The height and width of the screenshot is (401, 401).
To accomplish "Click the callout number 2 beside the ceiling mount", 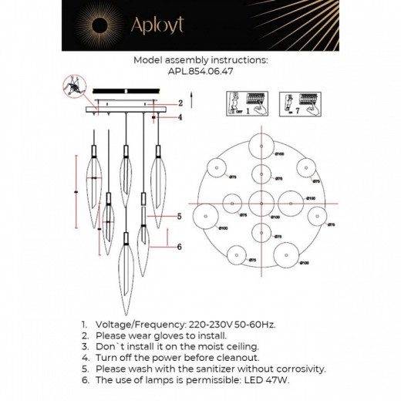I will (x=180, y=103).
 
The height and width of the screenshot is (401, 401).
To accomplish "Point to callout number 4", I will (x=180, y=118).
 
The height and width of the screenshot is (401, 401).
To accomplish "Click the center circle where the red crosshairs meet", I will (x=262, y=204).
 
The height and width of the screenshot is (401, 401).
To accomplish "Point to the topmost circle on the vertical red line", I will (x=262, y=146).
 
